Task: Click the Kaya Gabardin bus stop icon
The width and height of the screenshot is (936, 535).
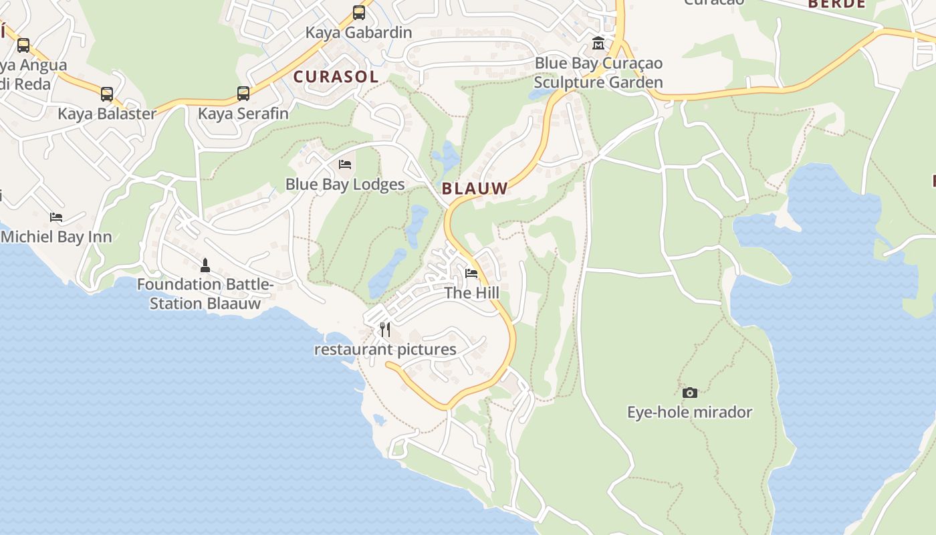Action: click(359, 13)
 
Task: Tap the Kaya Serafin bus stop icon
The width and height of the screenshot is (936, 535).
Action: click(243, 94)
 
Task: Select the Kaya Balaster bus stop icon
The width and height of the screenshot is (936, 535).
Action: click(107, 94)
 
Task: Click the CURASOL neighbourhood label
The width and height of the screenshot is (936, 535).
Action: click(336, 77)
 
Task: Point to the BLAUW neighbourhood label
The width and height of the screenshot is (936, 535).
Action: click(475, 189)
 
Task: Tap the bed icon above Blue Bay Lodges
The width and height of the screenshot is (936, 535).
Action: click(345, 165)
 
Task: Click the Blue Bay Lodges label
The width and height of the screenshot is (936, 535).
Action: click(345, 185)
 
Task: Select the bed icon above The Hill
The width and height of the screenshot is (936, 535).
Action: click(471, 274)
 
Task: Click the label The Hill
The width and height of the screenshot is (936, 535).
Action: click(472, 293)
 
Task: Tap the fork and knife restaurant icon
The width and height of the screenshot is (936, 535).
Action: click(385, 330)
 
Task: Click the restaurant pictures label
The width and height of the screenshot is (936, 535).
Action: click(385, 350)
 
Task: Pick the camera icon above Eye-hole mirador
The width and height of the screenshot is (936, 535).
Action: click(690, 393)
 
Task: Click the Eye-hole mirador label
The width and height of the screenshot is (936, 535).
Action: click(690, 412)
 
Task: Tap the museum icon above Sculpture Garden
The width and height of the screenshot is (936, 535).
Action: click(598, 44)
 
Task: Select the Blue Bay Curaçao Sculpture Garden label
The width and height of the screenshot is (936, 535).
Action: click(598, 73)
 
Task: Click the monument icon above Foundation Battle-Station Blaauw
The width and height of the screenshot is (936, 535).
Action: click(205, 265)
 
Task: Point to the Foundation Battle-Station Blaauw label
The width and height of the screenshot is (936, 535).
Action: click(205, 294)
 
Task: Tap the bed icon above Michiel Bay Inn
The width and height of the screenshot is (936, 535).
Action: click(56, 217)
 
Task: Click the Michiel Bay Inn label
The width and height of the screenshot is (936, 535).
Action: click(56, 237)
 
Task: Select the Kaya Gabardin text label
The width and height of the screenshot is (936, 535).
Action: click(359, 32)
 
